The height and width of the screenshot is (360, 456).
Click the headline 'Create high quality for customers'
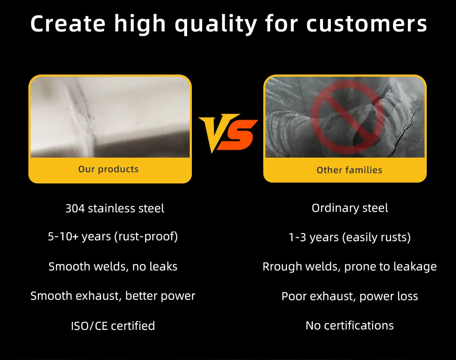[228, 25]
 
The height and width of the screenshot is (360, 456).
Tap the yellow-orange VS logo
[228, 133]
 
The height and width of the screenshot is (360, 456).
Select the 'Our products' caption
[108, 169]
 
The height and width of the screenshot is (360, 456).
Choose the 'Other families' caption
[349, 170]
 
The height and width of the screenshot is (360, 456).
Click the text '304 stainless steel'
[114, 209]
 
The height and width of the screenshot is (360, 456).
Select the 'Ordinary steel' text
[350, 208]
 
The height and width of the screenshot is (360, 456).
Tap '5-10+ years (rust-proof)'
[113, 237]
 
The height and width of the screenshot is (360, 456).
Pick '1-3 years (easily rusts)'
[350, 238]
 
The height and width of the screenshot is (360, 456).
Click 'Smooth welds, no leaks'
[113, 267]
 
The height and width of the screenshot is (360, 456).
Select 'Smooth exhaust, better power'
[113, 296]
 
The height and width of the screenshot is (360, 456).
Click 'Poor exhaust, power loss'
[350, 297]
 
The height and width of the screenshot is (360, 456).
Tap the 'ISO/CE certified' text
[113, 326]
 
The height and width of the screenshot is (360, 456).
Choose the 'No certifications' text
[350, 326]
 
